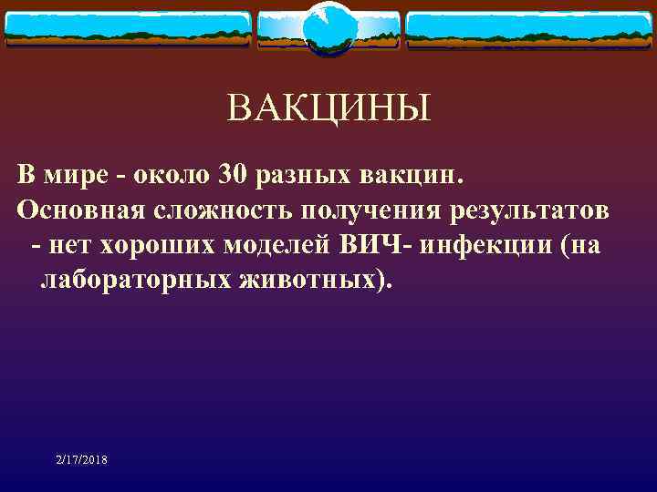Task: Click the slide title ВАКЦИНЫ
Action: coord(328,111)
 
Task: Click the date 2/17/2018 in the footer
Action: coord(80,461)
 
